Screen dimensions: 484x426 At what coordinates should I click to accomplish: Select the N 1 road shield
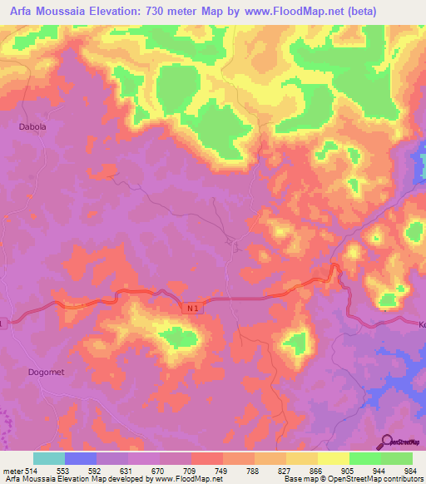[x=191, y=307]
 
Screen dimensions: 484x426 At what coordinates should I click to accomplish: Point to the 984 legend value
[x=411, y=470]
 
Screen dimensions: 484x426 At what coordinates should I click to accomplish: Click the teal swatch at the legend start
[x=49, y=458]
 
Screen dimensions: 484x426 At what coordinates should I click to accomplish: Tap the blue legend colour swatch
[x=81, y=458]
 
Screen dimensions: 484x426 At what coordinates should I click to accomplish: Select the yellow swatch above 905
[x=333, y=458]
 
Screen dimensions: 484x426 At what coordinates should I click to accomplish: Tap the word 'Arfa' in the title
[x=24, y=12]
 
